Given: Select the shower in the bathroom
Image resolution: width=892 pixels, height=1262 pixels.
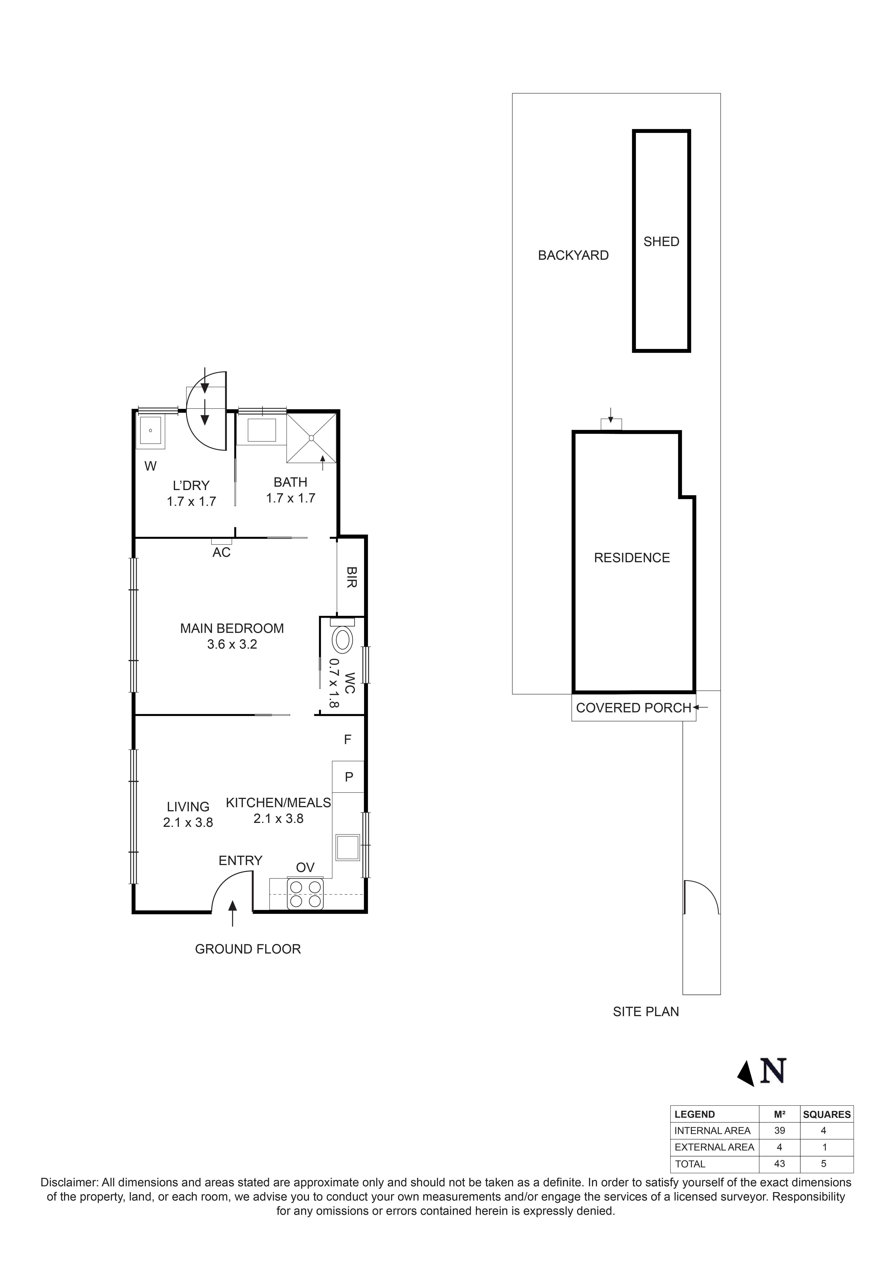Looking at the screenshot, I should pyautogui.click(x=311, y=438).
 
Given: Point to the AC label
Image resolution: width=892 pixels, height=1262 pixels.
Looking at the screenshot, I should pyautogui.click(x=221, y=552).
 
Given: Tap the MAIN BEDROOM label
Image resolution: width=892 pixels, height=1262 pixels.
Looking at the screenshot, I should pyautogui.click(x=232, y=628).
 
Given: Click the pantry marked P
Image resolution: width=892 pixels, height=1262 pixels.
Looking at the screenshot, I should pyautogui.click(x=348, y=777).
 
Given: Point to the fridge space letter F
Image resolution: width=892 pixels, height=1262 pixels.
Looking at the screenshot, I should pyautogui.click(x=347, y=740).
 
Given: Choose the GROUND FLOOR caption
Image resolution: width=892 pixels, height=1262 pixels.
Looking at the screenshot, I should pyautogui.click(x=248, y=949).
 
